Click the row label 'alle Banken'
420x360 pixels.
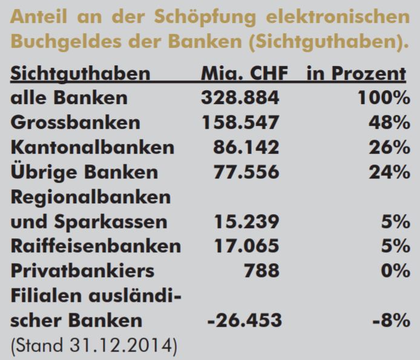[69, 98]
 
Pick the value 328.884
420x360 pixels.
[240, 98]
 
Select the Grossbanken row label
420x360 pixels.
[75, 123]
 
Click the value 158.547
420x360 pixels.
[240, 123]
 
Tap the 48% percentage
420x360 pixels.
[389, 123]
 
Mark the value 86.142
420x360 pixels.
[246, 148]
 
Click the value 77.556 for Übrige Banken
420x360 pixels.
[246, 172]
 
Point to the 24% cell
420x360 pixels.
[389, 172]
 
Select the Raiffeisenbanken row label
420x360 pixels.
[96, 246]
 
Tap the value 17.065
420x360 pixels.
[246, 246]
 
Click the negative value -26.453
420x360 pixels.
[243, 321]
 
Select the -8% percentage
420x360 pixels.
[393, 321]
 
